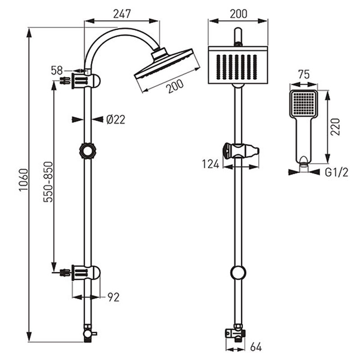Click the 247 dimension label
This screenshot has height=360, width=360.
122,14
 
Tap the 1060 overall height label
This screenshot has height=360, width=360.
24,180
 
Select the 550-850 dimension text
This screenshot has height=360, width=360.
48,182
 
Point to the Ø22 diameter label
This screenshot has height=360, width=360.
116,120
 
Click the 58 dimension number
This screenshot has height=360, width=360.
57,71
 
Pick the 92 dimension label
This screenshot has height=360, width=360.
114,297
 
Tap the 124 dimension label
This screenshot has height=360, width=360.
211,164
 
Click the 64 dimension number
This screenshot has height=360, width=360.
256,346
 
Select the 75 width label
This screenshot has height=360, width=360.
304,74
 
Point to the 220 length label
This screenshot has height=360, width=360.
335,127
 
